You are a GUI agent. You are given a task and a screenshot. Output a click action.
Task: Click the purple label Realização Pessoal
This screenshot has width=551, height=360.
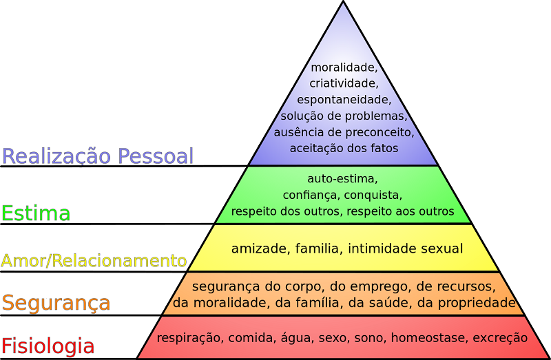98,156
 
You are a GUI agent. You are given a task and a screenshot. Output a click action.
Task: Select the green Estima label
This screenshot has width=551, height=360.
36,213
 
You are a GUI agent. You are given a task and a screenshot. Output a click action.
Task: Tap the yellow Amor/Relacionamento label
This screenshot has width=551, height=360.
94,261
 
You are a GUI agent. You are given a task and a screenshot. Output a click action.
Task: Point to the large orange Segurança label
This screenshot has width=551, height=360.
56,303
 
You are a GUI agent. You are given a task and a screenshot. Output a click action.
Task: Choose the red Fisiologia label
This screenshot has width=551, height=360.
48,346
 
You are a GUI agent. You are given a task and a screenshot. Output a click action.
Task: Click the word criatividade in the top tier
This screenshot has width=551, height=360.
344,83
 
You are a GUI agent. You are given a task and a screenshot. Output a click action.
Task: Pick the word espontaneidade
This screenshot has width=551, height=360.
344,100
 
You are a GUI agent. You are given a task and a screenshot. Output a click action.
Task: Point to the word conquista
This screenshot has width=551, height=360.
373,195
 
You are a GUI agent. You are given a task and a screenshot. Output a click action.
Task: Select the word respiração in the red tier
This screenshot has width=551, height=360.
189,338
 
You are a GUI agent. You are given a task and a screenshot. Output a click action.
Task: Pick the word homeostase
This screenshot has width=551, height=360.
428,337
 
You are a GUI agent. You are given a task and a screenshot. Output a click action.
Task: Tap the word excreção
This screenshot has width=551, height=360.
500,338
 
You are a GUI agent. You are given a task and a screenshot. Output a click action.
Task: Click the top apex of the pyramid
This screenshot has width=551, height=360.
343,1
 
